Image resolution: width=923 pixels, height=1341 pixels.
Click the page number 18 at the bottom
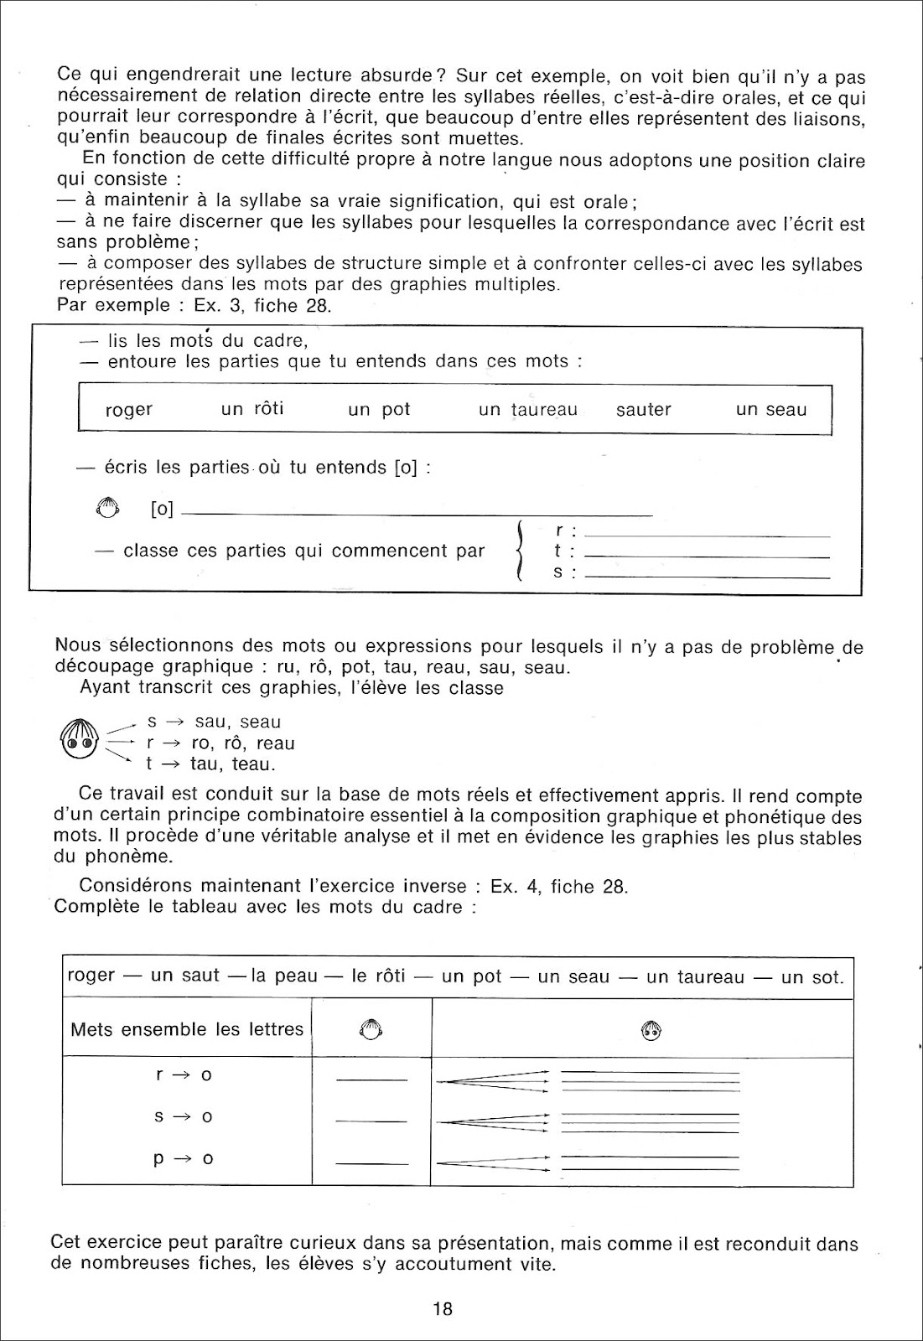point(443,1308)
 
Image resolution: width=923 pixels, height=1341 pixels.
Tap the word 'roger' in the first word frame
point(129,411)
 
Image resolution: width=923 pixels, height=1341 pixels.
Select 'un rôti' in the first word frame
point(252,409)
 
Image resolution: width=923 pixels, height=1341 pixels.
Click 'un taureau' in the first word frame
point(528,410)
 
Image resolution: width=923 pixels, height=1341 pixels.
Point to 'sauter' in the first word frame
point(644,410)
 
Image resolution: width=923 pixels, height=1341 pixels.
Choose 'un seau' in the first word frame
point(771,410)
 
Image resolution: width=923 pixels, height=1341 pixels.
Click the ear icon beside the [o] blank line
point(109,508)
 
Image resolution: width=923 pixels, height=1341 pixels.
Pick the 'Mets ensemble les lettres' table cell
point(187,1029)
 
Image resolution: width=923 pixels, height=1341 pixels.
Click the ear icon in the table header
point(371,1030)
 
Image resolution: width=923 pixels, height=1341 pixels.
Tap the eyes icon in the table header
point(651,1030)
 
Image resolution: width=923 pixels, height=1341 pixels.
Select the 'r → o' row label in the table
point(184,1074)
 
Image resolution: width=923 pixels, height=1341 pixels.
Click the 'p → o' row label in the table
point(184,1159)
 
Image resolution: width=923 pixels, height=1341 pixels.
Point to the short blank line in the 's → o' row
point(371,1121)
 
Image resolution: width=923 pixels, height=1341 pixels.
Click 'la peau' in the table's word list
point(284,976)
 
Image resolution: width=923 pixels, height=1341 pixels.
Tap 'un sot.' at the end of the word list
point(812,977)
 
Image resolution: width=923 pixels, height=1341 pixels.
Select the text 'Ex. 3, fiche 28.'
point(262,305)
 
